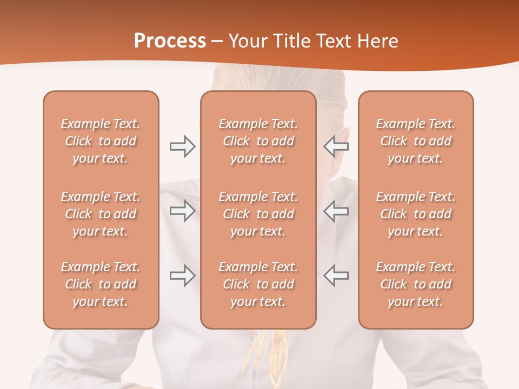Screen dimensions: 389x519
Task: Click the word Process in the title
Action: (x=170, y=41)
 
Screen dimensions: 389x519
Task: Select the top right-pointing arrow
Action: (x=182, y=146)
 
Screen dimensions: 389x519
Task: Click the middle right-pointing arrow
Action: (x=182, y=211)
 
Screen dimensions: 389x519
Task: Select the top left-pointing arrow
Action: (x=336, y=146)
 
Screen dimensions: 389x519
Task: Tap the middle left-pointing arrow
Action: (x=336, y=211)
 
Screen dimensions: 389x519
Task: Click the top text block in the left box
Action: (x=101, y=141)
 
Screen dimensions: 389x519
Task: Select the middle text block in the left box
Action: (x=101, y=214)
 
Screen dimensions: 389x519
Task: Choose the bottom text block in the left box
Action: (x=101, y=284)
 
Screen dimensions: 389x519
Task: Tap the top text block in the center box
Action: (x=258, y=141)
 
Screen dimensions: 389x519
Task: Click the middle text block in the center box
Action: (x=258, y=214)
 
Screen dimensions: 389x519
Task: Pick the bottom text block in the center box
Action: (x=258, y=284)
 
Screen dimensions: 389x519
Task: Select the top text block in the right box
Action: (x=415, y=141)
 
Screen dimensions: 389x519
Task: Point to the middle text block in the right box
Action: (x=415, y=214)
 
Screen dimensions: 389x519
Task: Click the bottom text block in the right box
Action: (x=415, y=284)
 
